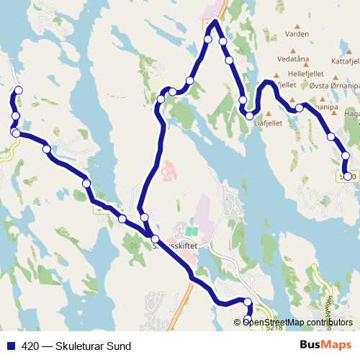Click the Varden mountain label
pos(297,34)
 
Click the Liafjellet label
pos(269,122)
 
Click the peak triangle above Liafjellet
pos(269,114)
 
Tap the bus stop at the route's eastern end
pos(348,176)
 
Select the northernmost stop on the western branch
pos(19,90)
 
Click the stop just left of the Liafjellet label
pos(249,115)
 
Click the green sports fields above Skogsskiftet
pos(190,232)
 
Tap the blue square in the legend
pos(10,346)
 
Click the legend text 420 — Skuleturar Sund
pos(76,346)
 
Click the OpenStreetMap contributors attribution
pos(297,323)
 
